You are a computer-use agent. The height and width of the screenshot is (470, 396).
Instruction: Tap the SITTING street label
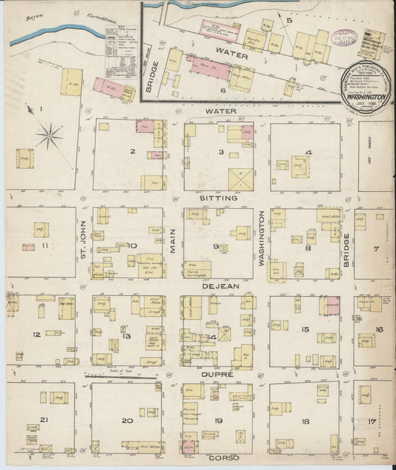(218, 199)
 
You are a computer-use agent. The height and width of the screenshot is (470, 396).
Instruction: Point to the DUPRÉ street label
(218, 376)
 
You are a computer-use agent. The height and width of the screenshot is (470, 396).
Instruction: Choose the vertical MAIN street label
(172, 244)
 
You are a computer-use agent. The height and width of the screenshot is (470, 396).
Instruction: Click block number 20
(127, 421)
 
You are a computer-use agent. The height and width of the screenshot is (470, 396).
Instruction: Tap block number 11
(45, 245)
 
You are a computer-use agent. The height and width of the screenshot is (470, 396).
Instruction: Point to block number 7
(377, 248)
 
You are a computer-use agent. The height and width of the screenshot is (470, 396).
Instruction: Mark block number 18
(305, 421)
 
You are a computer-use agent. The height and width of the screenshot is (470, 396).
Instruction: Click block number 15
(305, 329)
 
